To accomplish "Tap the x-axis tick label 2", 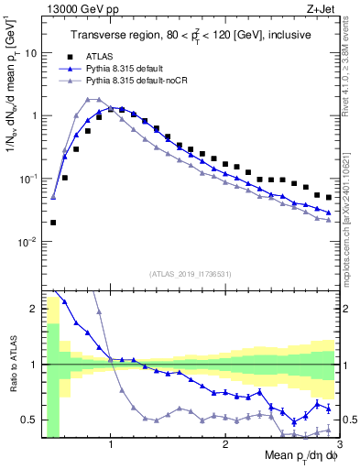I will (225, 446).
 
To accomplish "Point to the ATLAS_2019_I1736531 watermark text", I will (191, 274).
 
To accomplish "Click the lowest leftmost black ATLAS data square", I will (53, 222).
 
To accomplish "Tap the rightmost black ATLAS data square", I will (329, 197).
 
